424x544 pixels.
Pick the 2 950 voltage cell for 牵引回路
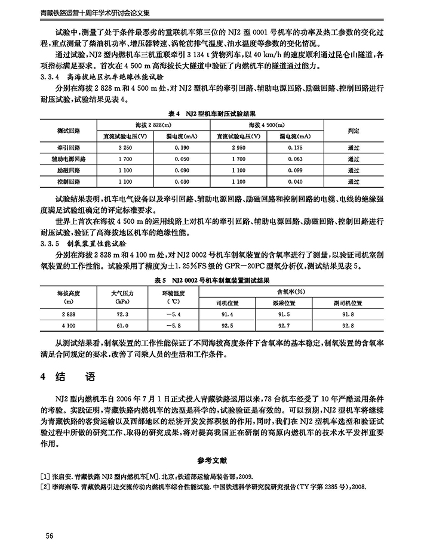[x=238, y=147]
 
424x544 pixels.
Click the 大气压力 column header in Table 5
[x=122, y=293]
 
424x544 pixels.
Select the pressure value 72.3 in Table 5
[x=122, y=314]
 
